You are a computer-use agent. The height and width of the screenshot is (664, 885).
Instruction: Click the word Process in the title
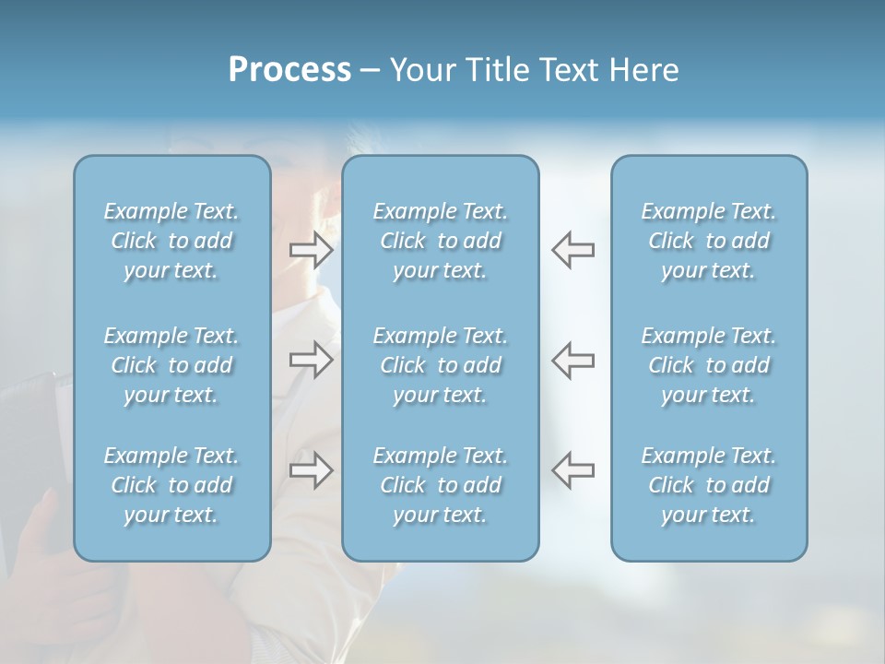pyautogui.click(x=289, y=70)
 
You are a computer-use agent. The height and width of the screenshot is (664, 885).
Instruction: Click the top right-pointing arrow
pyautogui.click(x=311, y=249)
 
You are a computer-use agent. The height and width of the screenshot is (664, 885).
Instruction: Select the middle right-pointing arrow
pyautogui.click(x=311, y=360)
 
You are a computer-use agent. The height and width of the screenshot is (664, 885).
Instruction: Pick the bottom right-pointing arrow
pyautogui.click(x=311, y=470)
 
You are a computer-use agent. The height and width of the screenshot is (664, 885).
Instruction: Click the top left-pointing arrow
pyautogui.click(x=573, y=249)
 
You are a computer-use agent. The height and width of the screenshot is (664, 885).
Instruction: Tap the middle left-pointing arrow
pyautogui.click(x=573, y=360)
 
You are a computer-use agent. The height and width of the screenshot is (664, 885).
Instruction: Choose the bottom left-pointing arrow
pyautogui.click(x=573, y=470)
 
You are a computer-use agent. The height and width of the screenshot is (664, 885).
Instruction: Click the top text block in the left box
pyautogui.click(x=171, y=241)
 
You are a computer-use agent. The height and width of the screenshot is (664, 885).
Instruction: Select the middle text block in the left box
pyautogui.click(x=171, y=365)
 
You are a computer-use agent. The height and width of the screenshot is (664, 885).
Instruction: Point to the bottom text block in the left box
pyautogui.click(x=171, y=485)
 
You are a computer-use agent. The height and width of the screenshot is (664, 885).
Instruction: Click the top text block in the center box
pyautogui.click(x=440, y=241)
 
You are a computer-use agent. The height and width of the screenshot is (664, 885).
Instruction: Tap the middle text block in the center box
pyautogui.click(x=440, y=365)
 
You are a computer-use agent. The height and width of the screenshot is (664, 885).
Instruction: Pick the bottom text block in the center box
pyautogui.click(x=440, y=485)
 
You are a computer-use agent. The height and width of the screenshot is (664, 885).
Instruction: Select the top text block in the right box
pyautogui.click(x=709, y=241)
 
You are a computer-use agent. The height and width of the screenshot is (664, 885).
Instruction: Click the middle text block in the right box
pyautogui.click(x=709, y=365)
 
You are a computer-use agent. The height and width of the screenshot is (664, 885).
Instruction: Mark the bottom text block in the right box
pyautogui.click(x=709, y=485)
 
